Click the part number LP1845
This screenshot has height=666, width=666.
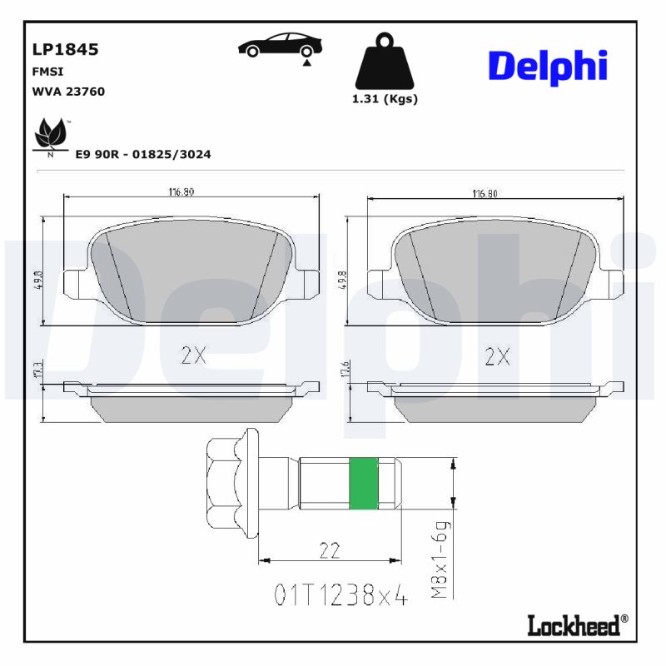click(65, 49)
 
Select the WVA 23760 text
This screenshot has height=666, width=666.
click(68, 92)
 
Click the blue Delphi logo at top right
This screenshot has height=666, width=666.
click(547, 67)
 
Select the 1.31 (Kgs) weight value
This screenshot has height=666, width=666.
click(384, 98)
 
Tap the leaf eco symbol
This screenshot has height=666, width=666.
click(51, 136)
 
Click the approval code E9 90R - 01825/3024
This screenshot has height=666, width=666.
click(142, 154)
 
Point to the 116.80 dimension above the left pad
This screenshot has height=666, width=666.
click(181, 192)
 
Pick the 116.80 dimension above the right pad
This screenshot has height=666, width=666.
click(485, 193)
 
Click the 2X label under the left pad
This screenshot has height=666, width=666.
click(193, 355)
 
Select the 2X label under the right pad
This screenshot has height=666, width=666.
click(497, 356)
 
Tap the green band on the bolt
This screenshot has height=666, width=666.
click(364, 484)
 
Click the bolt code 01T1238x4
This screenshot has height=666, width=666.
click(341, 595)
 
